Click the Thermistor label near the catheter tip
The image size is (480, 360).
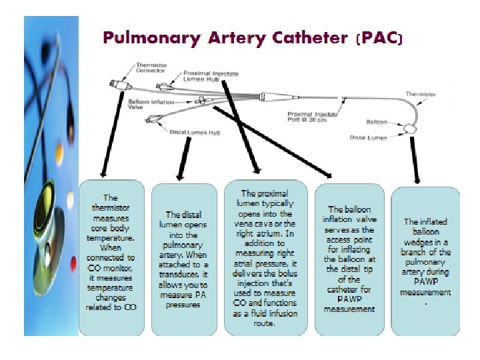coord(421,95)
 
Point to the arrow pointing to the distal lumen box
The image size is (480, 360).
coord(180,160)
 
